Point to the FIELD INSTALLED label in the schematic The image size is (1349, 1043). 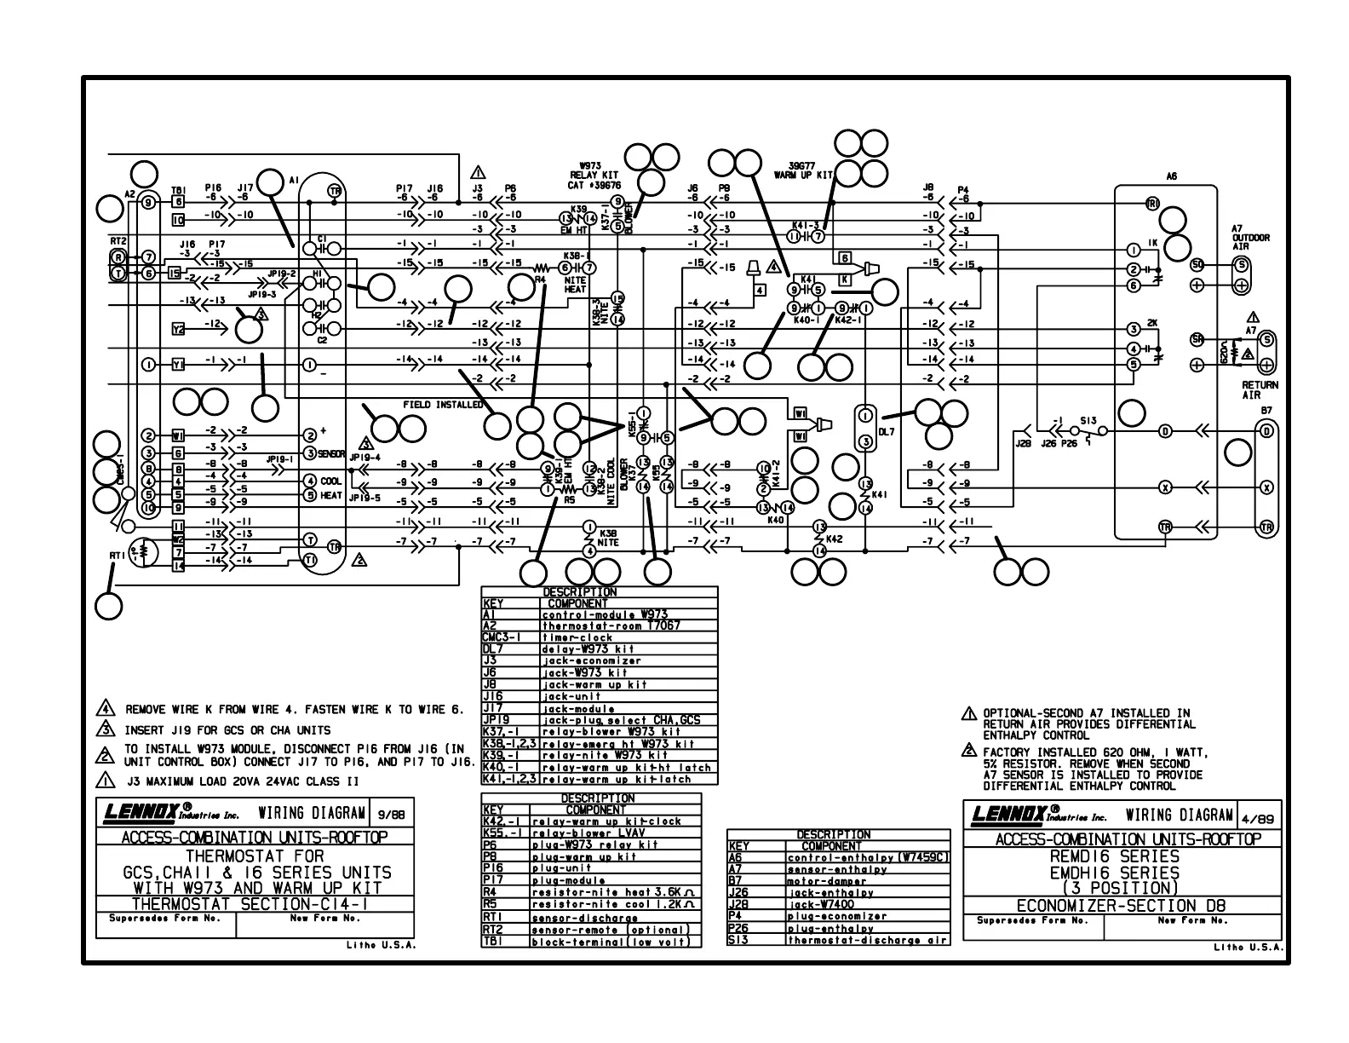click(443, 405)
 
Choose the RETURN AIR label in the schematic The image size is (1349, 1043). click(1260, 390)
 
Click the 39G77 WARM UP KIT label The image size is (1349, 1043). click(803, 170)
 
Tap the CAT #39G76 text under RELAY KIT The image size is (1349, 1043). click(594, 185)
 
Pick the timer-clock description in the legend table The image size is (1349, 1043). click(577, 637)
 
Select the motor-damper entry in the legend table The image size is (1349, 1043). click(826, 881)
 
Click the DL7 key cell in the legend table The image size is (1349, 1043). click(494, 649)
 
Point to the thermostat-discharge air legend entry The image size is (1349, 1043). click(866, 940)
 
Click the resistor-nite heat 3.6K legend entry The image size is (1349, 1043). click(613, 892)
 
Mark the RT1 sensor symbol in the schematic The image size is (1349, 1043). click(142, 551)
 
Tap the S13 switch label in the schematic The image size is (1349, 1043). click(1088, 421)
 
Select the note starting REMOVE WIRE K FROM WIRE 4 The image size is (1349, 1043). click(295, 709)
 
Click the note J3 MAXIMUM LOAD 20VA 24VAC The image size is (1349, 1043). click(243, 781)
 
